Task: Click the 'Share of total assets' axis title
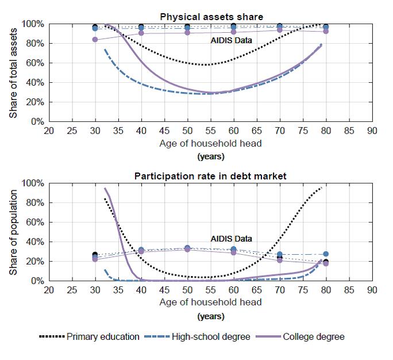coord(13,73)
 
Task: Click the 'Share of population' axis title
coord(13,232)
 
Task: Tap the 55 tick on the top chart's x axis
coord(210,131)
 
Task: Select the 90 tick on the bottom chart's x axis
coord(372,289)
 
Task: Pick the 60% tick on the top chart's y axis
coord(35,63)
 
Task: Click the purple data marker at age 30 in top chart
coord(95,40)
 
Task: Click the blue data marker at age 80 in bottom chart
coord(326,254)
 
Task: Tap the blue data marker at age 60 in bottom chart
coord(233,249)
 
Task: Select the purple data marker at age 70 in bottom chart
coord(280,261)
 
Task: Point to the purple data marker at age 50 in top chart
coord(187,32)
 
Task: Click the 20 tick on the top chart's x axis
coord(49,131)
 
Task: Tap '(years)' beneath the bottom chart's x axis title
coord(211,316)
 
